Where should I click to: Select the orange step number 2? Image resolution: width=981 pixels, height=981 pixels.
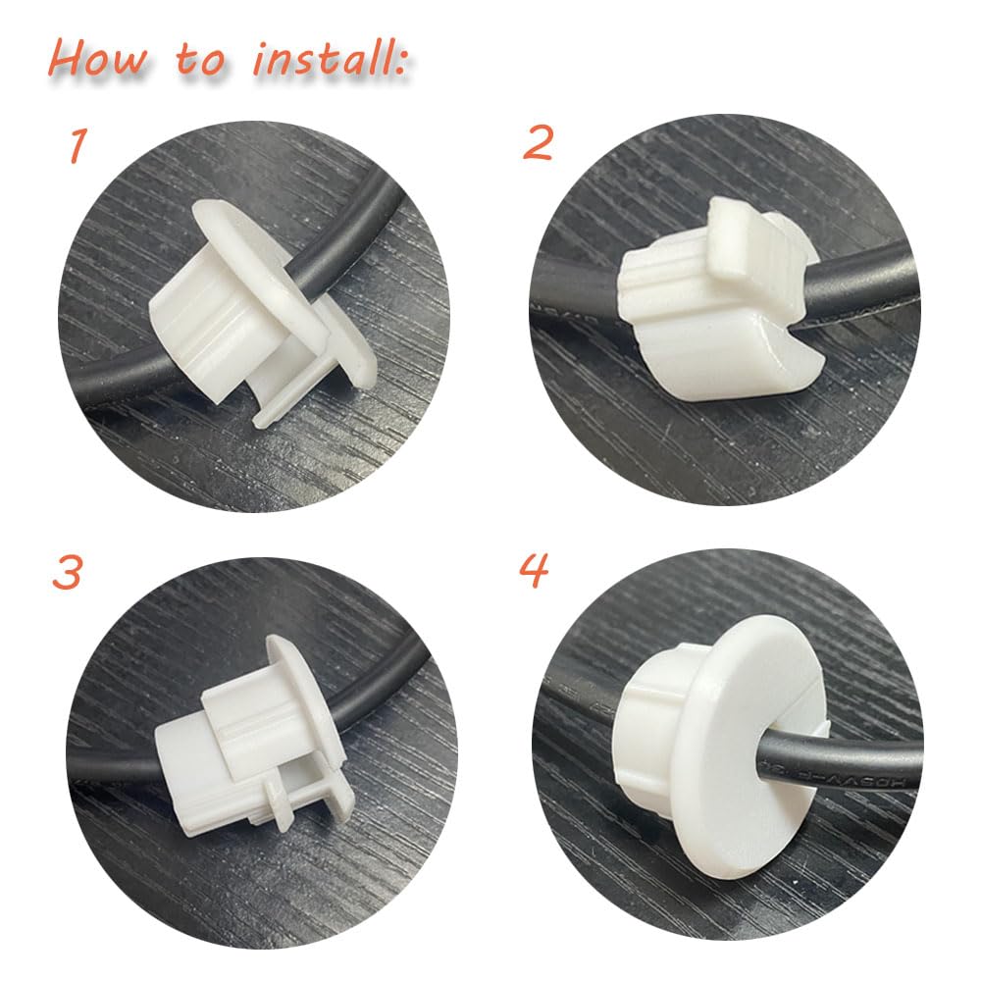538,143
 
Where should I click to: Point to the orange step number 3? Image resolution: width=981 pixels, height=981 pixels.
66,573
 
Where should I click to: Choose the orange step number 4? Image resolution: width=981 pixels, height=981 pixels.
535,570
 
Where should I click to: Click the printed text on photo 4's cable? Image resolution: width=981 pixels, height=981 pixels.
883,775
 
